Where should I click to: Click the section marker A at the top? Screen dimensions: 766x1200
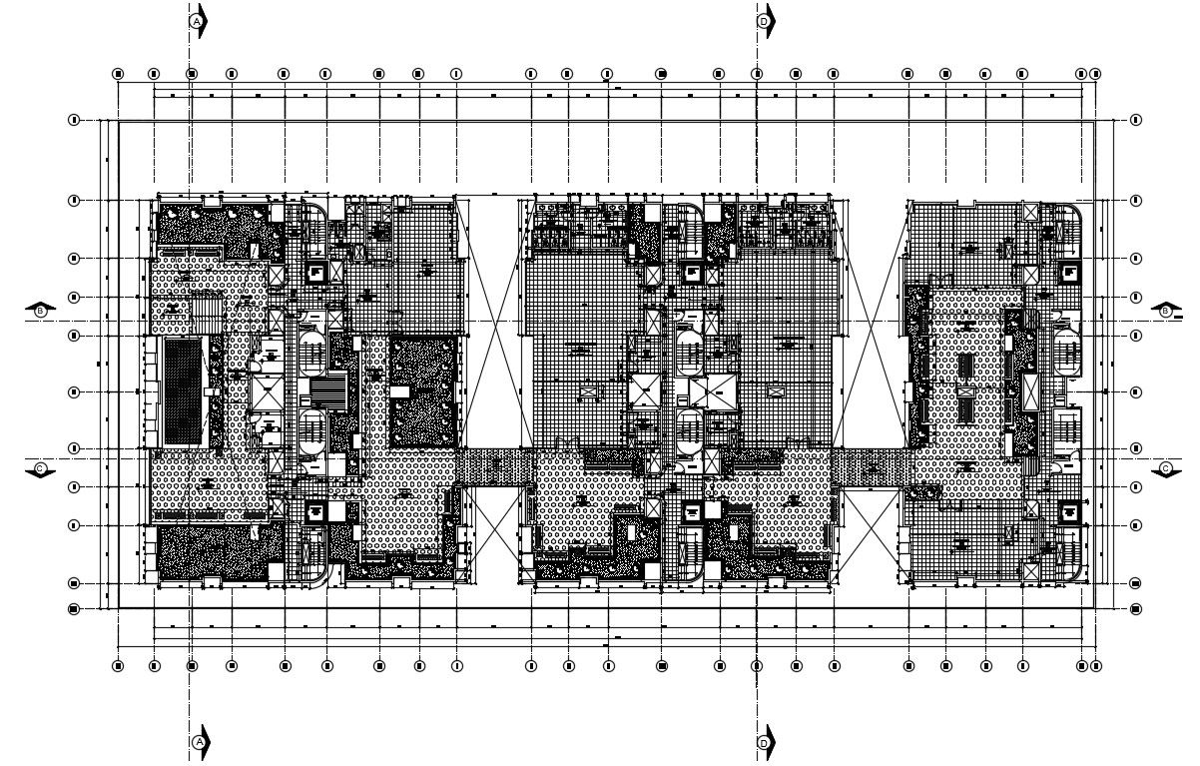pyautogui.click(x=198, y=20)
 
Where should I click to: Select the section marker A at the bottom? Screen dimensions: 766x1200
pyautogui.click(x=198, y=742)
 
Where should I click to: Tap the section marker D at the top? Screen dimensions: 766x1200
pyautogui.click(x=764, y=20)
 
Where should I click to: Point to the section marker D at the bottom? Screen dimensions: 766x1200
pyautogui.click(x=764, y=742)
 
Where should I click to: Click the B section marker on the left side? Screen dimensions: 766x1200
pyautogui.click(x=41, y=312)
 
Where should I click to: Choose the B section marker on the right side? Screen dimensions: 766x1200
pyautogui.click(x=1165, y=312)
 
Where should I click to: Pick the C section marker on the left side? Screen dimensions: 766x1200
pyautogui.click(x=41, y=468)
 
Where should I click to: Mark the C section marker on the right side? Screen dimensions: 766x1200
pyautogui.click(x=1165, y=468)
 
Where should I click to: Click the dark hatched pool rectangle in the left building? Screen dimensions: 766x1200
pyautogui.click(x=181, y=391)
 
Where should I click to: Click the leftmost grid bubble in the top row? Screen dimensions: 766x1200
pyautogui.click(x=118, y=74)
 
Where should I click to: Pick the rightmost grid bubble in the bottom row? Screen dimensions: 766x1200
pyautogui.click(x=1095, y=665)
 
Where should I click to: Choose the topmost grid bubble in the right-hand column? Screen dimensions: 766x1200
pyautogui.click(x=1135, y=120)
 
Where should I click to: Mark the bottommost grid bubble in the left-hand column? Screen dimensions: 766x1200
pyautogui.click(x=74, y=608)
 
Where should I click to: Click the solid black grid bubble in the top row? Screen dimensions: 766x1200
pyautogui.click(x=661, y=74)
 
